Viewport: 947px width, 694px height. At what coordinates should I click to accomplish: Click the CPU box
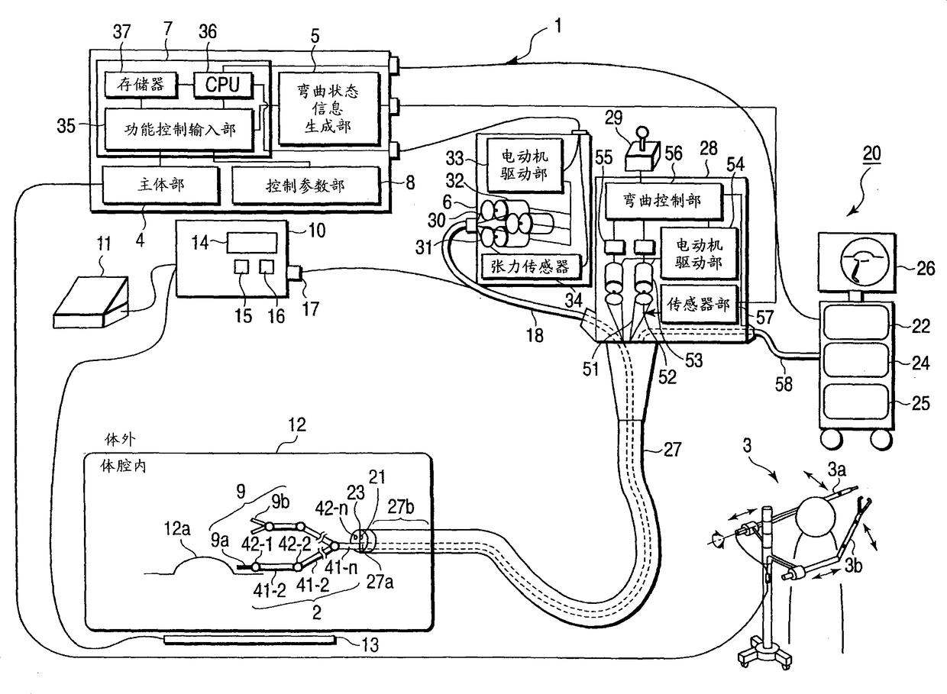[x=223, y=85]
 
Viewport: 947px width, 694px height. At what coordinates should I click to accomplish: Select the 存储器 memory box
[x=141, y=85]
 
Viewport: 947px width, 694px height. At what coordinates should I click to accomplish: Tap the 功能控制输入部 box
[x=179, y=129]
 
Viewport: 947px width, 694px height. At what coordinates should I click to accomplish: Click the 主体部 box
[x=160, y=185]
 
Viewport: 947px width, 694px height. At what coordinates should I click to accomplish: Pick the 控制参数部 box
[x=306, y=185]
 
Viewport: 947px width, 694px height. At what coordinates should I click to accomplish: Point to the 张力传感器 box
[x=530, y=266]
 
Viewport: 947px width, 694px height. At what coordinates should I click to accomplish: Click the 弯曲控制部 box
[x=663, y=201]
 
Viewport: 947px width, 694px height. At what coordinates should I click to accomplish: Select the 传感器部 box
[x=699, y=304]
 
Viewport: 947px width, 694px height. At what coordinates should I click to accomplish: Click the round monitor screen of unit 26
[x=857, y=262]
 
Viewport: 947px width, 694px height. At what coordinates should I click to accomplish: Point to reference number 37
[x=121, y=32]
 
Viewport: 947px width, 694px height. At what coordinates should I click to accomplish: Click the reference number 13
[x=370, y=645]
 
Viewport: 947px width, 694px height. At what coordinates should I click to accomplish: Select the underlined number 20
[x=871, y=153]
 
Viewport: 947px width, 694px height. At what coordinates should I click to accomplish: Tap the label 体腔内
[x=123, y=466]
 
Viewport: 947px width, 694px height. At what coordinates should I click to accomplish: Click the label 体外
[x=120, y=440]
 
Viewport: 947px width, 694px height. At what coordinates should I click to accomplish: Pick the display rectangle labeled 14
[x=252, y=243]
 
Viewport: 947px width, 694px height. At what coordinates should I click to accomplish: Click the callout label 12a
[x=177, y=529]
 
